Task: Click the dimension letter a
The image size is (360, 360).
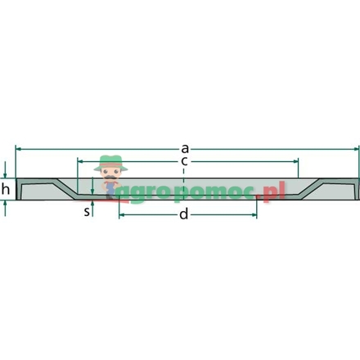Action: (185, 149)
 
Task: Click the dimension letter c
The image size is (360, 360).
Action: (184, 161)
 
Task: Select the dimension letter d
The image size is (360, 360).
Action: (184, 214)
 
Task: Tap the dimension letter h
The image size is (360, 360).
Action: (6, 189)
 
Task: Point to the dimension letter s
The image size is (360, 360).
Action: (87, 211)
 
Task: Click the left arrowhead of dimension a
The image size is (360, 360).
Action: (19, 149)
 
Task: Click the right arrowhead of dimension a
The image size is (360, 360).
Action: (357, 149)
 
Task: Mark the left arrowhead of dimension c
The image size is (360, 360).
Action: (80, 161)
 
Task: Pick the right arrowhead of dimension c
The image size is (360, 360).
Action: (295, 161)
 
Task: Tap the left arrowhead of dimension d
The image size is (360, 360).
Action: (122, 215)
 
